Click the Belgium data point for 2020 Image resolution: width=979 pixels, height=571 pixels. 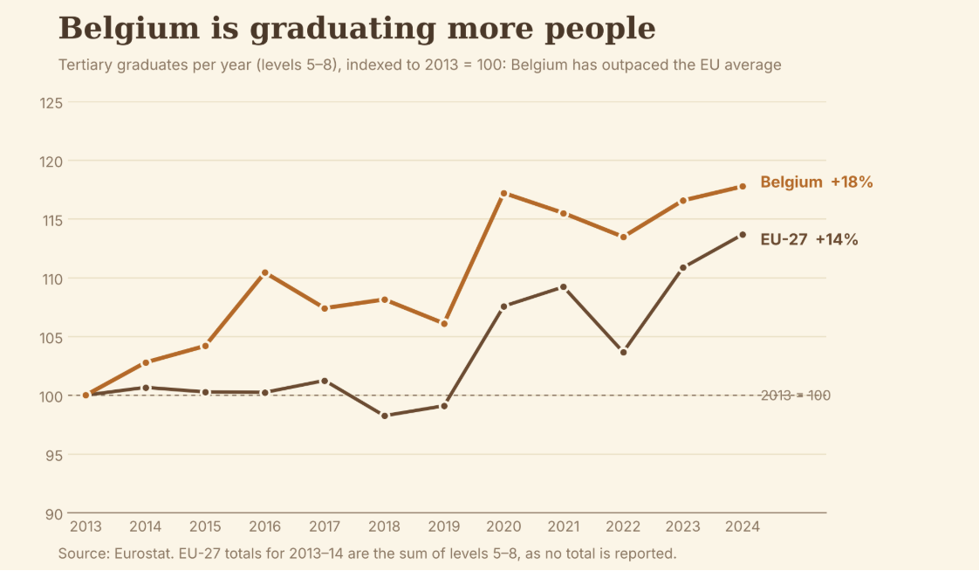503,194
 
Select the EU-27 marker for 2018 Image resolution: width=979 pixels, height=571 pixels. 385,416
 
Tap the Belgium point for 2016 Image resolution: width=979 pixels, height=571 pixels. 265,273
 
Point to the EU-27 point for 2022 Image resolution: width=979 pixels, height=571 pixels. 623,353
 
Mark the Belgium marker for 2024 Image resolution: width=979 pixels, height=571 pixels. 743,186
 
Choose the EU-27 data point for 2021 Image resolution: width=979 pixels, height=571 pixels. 563,287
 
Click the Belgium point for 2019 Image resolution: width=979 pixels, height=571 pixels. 444,324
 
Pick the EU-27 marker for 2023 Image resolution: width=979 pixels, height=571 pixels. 683,267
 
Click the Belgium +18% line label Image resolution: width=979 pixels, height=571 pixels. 817,182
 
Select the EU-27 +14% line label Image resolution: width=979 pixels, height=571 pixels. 809,239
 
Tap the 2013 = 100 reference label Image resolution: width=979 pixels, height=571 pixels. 796,396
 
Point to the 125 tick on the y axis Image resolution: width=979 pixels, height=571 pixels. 51,103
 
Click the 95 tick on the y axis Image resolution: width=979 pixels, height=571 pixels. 54,456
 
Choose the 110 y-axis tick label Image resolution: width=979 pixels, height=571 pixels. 51,279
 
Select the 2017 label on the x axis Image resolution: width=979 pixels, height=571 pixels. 325,526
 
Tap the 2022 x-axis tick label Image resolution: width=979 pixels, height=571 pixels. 623,526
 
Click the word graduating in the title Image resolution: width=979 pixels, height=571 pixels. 342,30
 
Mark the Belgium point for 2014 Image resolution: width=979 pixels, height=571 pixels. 146,362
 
